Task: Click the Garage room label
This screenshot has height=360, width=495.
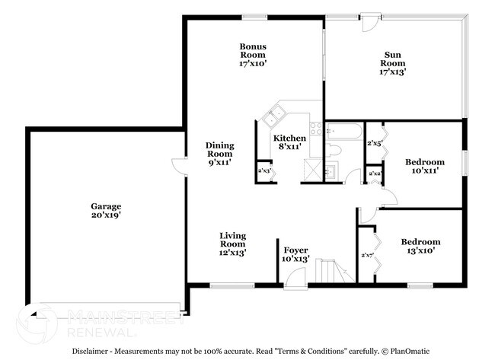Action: tap(106, 211)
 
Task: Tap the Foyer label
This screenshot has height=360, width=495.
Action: tap(296, 254)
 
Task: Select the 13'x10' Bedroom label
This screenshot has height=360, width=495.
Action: tap(420, 247)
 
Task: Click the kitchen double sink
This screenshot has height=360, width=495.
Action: tap(272, 116)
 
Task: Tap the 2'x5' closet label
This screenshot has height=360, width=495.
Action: tap(374, 143)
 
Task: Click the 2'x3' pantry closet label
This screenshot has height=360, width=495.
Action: tap(264, 171)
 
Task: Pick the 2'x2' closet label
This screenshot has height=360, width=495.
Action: tap(374, 174)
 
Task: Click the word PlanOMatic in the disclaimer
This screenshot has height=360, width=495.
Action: tap(404, 351)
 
